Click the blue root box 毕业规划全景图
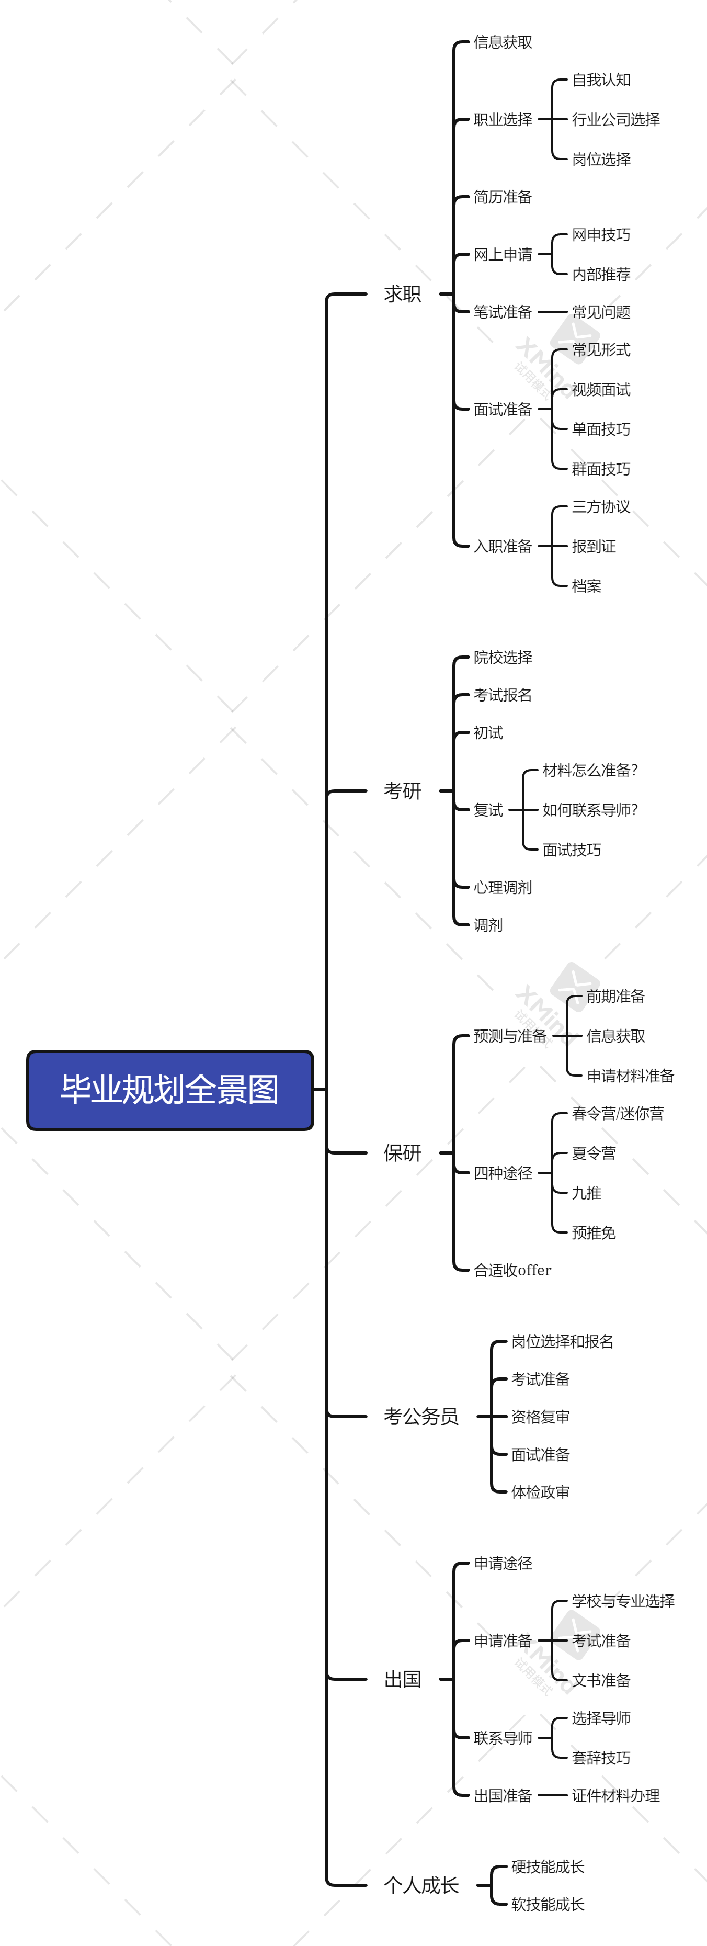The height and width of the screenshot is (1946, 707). point(170,1089)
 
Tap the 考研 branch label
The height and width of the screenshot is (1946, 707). point(402,791)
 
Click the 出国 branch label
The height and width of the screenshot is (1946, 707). point(402,1679)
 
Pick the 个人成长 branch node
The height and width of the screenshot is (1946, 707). point(421,1885)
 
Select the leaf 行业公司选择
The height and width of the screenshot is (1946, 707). point(615,119)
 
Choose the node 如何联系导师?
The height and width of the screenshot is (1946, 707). point(590,810)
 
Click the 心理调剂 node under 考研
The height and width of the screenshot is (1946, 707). point(503,887)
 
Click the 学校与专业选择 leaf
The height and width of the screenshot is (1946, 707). point(623,1601)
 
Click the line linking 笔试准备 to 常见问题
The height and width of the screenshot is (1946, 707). point(552,312)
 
